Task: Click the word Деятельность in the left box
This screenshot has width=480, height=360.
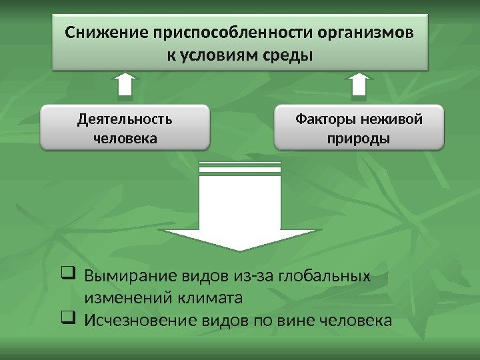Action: (x=125, y=119)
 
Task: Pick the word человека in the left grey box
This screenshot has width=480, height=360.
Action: (x=125, y=139)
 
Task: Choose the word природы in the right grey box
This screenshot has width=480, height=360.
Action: (x=359, y=139)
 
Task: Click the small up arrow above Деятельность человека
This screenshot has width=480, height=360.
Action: (x=125, y=87)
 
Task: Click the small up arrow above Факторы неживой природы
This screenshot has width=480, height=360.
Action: (x=359, y=87)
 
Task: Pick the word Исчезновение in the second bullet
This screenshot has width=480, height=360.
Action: (x=139, y=321)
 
